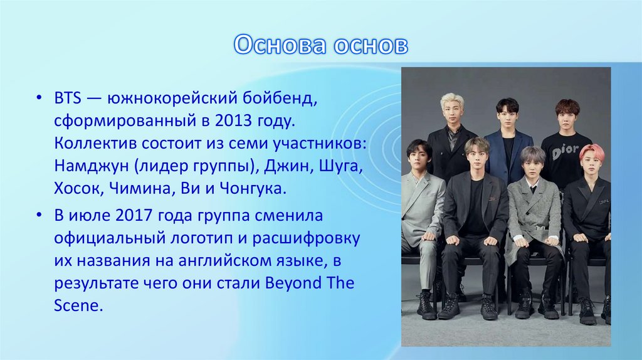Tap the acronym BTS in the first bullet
(68, 98)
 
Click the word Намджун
(92, 166)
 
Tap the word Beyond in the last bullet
(293, 283)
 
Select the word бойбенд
(280, 98)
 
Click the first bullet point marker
(39, 98)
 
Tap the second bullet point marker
(39, 215)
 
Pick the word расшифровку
(306, 238)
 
